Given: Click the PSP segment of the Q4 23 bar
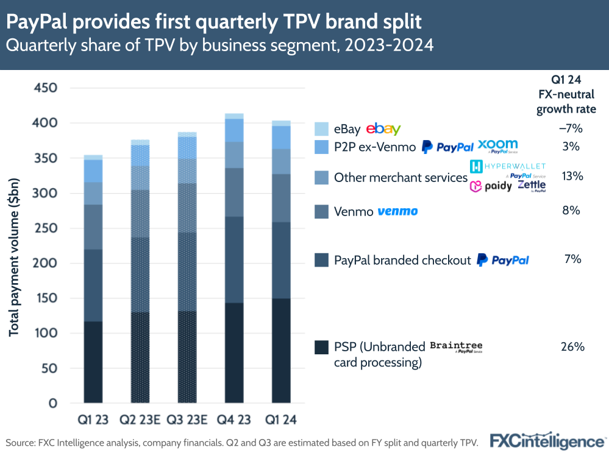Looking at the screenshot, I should coord(234,353).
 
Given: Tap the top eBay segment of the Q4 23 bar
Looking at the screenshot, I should coord(234,116).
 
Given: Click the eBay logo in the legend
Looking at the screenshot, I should coord(383,129).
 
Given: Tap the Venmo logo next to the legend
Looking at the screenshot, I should coord(397,211).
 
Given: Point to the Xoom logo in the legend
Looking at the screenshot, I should coord(498,146).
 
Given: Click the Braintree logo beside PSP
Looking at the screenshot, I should coord(456,347).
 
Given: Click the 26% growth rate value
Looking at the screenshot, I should coord(572,347).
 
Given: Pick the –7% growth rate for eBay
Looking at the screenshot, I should coord(572,129).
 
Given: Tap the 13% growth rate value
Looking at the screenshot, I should coord(572,177).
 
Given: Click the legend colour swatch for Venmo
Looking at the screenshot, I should coord(321,212).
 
